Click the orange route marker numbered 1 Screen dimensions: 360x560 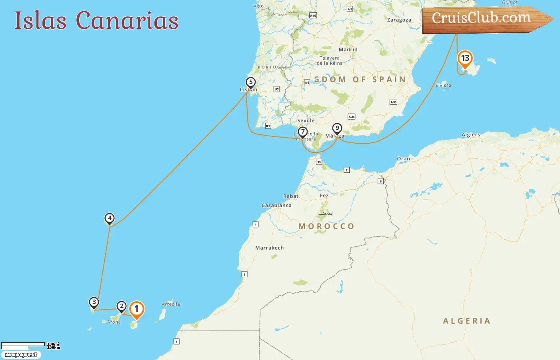click(136, 309)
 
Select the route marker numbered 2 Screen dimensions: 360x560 click(122, 307)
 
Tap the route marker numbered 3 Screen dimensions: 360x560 click(94, 302)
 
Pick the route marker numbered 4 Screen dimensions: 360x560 click(109, 218)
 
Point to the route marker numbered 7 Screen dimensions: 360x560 click(303, 132)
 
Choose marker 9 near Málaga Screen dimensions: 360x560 click(337, 128)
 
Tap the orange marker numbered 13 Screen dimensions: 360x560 click(465, 58)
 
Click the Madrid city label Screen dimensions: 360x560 click(348, 50)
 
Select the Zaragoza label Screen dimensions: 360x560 click(399, 20)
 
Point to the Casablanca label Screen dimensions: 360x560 click(276, 205)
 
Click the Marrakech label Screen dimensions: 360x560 click(269, 248)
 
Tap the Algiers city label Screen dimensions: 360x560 click(470, 135)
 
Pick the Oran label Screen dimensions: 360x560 click(403, 159)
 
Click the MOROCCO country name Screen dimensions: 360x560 click(326, 226)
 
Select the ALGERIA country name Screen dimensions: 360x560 click(466, 321)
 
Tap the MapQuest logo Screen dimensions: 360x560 click(21, 355)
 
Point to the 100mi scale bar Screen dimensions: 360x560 click(23, 344)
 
